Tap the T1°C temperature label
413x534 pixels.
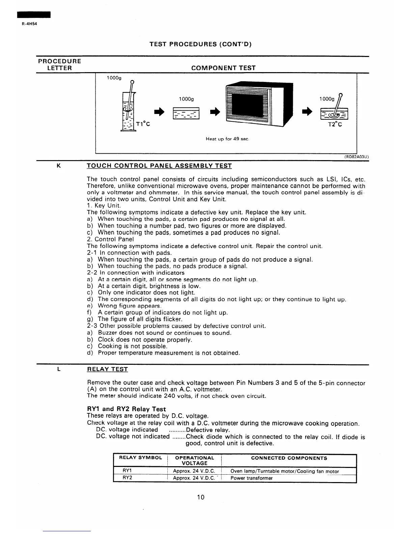[x=143, y=124]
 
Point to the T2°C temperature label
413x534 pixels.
[x=335, y=124]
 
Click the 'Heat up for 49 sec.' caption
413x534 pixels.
[x=227, y=139]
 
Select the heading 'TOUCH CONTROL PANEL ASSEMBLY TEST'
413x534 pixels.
[x=159, y=166]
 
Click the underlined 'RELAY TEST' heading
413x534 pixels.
[x=107, y=369]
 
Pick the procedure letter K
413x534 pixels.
[x=59, y=166]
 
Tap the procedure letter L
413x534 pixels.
[x=59, y=369]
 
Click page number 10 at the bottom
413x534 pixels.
[x=201, y=497]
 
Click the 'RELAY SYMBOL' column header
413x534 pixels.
[x=141, y=458]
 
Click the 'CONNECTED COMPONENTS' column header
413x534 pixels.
[x=289, y=458]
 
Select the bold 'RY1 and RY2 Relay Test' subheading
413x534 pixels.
[x=127, y=409]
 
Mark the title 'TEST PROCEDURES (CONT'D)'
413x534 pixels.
[x=201, y=44]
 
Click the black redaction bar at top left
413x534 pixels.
[x=34, y=15]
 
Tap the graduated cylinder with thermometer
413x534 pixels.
[x=128, y=108]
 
